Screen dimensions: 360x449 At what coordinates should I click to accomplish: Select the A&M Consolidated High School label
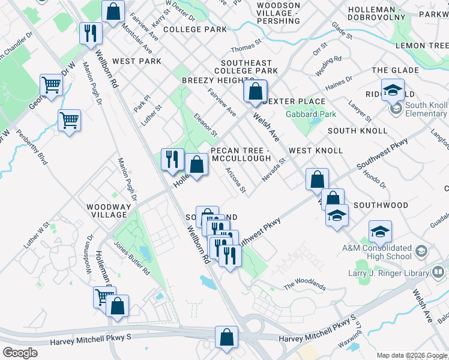(x=377, y=252)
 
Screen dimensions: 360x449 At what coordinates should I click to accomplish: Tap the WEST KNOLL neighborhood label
(x=316, y=151)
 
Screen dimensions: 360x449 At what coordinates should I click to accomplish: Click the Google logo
(x=20, y=352)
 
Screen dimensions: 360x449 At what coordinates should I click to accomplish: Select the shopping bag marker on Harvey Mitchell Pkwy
(x=227, y=338)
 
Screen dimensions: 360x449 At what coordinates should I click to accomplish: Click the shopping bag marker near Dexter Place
(x=255, y=92)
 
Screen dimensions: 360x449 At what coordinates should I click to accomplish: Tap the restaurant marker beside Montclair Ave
(x=90, y=33)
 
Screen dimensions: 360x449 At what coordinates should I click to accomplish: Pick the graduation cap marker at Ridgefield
(x=393, y=91)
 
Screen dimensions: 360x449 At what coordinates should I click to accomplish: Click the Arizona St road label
(x=236, y=181)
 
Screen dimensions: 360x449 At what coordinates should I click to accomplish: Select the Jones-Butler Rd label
(x=133, y=258)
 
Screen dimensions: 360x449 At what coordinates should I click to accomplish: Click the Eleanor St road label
(x=205, y=124)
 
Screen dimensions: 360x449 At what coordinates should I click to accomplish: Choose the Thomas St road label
(x=247, y=44)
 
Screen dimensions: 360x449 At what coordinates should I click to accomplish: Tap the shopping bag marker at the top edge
(x=112, y=11)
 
